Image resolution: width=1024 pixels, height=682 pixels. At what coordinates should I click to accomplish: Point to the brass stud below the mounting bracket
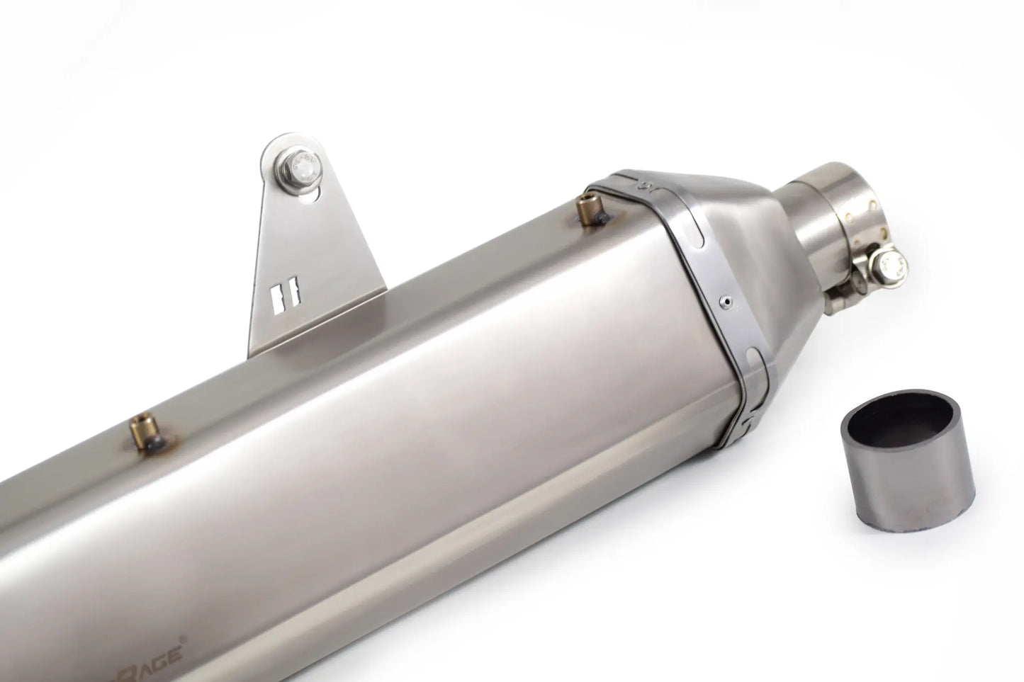click(139, 432)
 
